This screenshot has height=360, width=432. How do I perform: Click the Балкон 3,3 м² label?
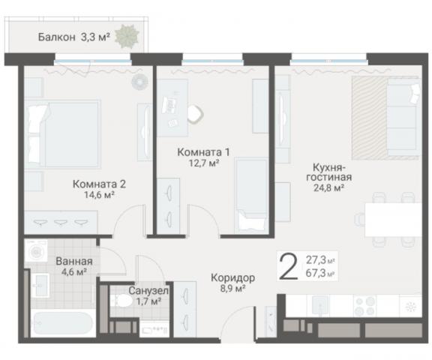(73, 36)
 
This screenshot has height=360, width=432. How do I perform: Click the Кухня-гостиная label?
(328, 172)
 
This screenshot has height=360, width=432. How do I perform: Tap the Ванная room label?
(73, 261)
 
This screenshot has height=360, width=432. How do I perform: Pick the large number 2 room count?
(287, 267)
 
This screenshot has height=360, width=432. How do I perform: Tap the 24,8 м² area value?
(328, 188)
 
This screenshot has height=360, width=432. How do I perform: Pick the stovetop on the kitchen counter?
(368, 305)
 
